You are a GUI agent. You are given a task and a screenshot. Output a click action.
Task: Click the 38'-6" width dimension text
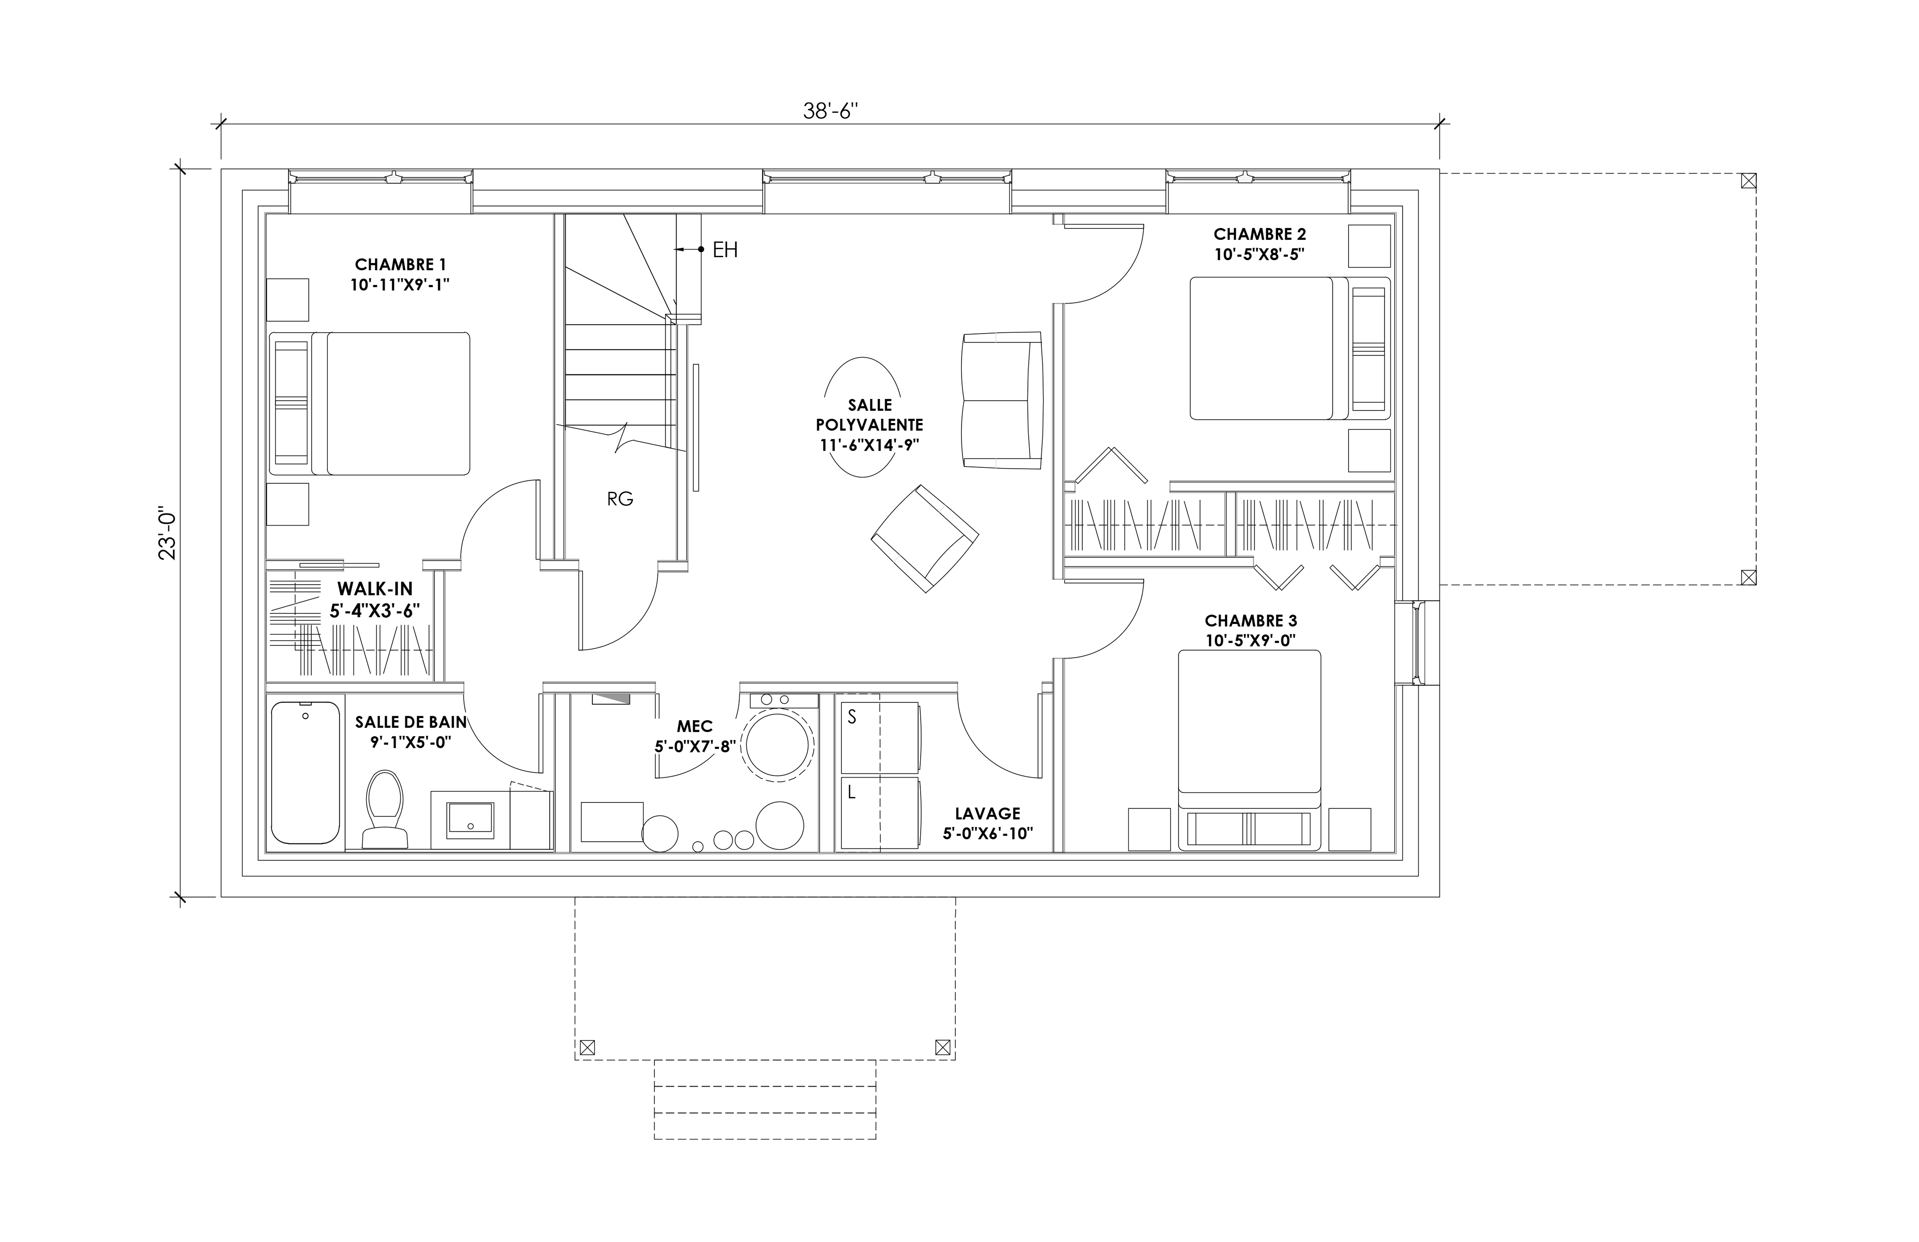click(x=830, y=111)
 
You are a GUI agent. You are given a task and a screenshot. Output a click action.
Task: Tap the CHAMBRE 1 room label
click(x=400, y=265)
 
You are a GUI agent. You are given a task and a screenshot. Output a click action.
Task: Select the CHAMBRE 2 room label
click(x=1259, y=234)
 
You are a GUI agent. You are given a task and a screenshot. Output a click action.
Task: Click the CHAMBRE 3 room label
click(x=1251, y=621)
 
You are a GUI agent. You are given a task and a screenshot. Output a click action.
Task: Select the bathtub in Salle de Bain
click(x=306, y=773)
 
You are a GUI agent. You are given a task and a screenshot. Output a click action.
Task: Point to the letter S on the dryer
click(x=852, y=716)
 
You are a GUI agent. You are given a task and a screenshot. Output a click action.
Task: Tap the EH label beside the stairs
click(x=725, y=250)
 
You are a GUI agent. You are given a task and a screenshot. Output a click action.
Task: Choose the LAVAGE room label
click(x=988, y=814)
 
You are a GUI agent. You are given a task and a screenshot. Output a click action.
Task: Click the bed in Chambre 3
click(x=1249, y=750)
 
